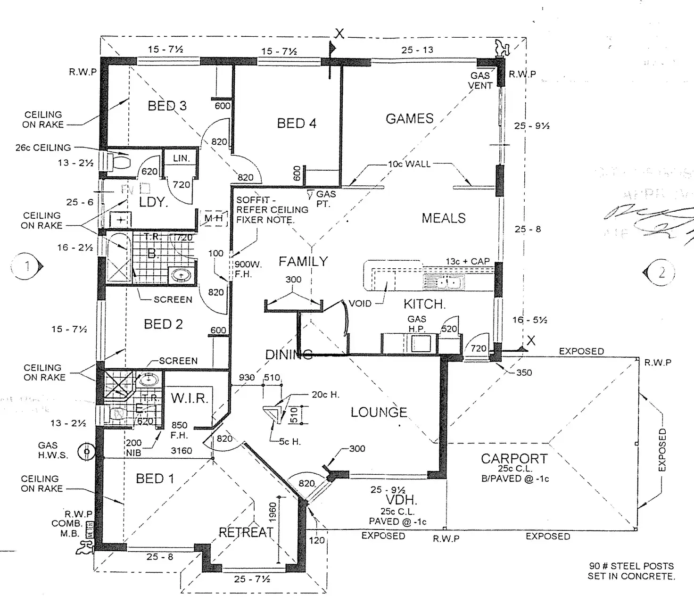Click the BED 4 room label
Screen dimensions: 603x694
(297, 124)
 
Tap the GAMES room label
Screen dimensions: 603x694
(409, 118)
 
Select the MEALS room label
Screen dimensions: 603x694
(443, 218)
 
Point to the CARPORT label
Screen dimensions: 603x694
(514, 458)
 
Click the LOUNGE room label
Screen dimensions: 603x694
(379, 413)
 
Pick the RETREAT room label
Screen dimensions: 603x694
(246, 532)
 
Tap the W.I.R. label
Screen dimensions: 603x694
(189, 398)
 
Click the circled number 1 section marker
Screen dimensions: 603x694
(26, 266)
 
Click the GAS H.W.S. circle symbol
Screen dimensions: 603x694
(86, 452)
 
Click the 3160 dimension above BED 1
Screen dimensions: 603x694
(181, 451)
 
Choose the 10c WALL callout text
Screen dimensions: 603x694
(409, 164)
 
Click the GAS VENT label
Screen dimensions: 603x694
(480, 81)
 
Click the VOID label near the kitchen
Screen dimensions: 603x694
(360, 304)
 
